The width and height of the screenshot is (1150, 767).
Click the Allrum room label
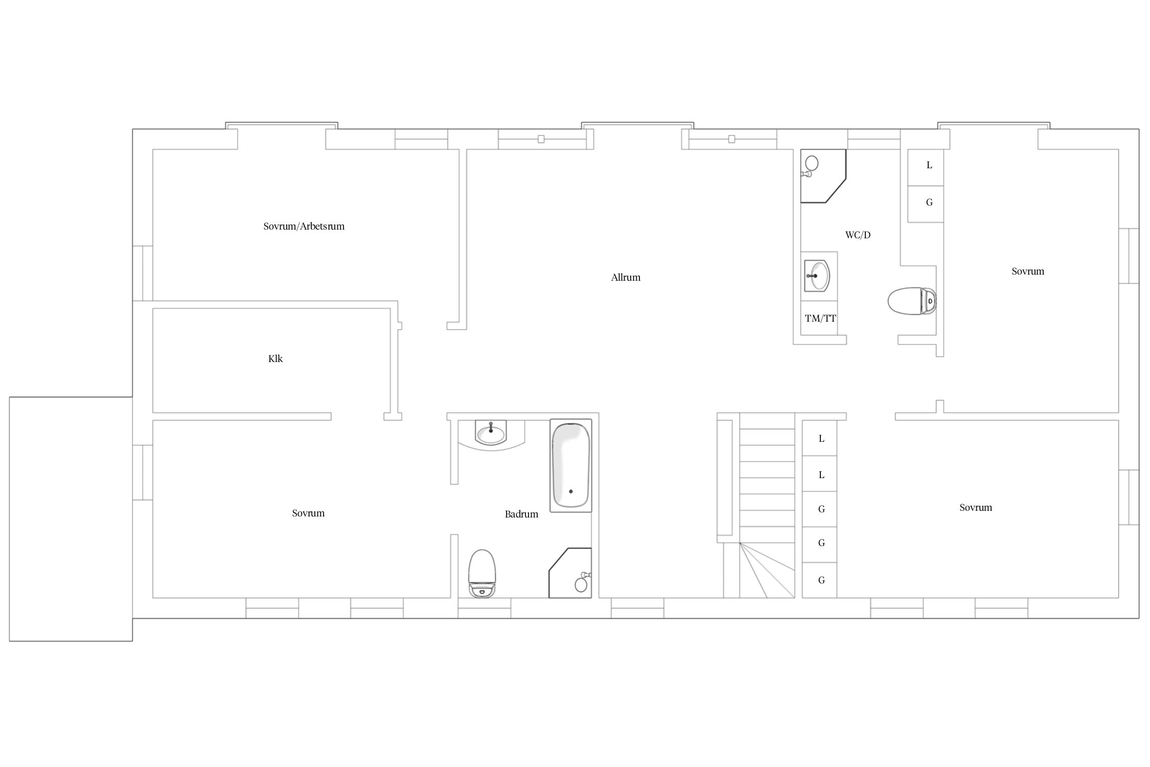(x=626, y=278)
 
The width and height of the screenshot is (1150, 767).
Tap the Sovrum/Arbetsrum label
(x=304, y=227)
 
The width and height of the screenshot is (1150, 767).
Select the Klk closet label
(x=275, y=359)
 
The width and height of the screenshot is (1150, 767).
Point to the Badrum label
(x=521, y=514)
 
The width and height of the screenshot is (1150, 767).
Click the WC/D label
(x=858, y=235)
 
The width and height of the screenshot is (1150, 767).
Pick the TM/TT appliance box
(x=819, y=318)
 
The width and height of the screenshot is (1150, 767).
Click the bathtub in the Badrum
(x=570, y=465)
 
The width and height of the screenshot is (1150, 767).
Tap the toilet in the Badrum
(x=482, y=574)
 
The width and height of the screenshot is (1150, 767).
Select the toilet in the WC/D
(x=912, y=301)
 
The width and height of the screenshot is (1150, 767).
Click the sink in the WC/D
(x=817, y=276)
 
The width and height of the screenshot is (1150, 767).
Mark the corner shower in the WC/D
(x=823, y=176)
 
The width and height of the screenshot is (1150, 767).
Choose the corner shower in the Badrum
(x=570, y=573)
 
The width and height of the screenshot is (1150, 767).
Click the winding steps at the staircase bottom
(x=767, y=570)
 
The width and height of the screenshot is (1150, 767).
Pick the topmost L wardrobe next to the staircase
(x=819, y=438)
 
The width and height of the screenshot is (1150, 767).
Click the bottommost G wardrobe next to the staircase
(x=819, y=580)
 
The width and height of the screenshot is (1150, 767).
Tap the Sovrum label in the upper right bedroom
(x=1028, y=272)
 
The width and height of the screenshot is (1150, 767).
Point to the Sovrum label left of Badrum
(x=308, y=513)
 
